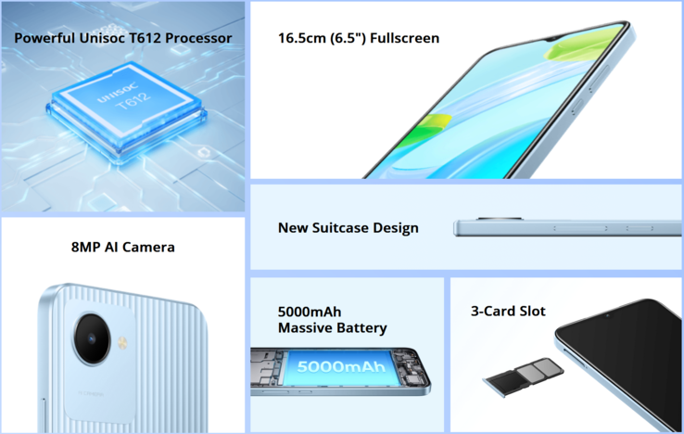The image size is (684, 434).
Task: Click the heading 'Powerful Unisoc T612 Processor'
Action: tap(123, 38)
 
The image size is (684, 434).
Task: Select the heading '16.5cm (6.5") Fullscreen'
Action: tap(359, 38)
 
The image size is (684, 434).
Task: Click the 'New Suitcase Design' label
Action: tap(348, 228)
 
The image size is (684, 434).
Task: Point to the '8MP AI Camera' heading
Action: tap(123, 247)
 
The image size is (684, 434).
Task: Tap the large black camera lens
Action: tap(92, 338)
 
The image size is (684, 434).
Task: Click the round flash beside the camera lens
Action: tap(122, 343)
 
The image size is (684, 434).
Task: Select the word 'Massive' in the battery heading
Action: tap(305, 327)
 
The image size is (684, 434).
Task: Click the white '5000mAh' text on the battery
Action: tap(341, 366)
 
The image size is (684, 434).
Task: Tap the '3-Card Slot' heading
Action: tap(508, 311)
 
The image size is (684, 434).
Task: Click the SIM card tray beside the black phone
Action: tap(523, 376)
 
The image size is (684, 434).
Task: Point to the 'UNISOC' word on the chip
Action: tap(118, 92)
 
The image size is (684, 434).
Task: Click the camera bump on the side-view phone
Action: tap(499, 218)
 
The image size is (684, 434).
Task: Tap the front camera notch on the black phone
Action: tap(608, 314)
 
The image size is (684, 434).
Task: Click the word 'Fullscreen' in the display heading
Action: tap(404, 38)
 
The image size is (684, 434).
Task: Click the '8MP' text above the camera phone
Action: tap(86, 247)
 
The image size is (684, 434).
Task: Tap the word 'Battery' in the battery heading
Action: tap(361, 328)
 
